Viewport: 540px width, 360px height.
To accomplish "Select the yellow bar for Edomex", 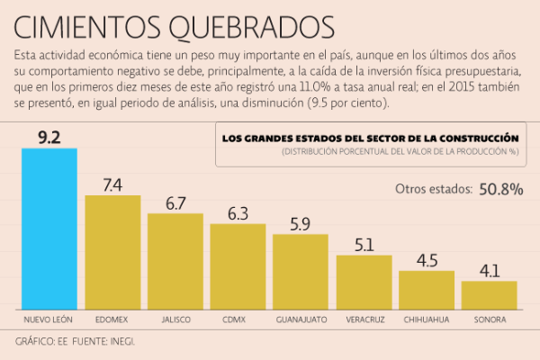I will click(x=112, y=251).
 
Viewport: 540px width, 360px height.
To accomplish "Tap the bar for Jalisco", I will click(x=175, y=260).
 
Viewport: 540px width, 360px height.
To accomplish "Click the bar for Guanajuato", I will click(x=301, y=270).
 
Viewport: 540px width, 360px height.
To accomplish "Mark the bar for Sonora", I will click(x=489, y=293).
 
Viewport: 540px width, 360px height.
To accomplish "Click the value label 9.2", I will click(x=49, y=136).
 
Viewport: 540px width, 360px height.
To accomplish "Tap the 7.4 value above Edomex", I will click(x=112, y=184).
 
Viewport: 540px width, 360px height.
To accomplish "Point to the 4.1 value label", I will click(x=489, y=270).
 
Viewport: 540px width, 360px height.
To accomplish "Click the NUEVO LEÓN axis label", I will click(x=49, y=319).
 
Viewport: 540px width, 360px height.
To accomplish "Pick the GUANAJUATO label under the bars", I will click(x=301, y=319).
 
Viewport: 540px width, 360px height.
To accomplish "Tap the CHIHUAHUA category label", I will click(x=427, y=319).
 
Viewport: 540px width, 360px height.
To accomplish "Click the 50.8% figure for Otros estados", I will click(x=500, y=189).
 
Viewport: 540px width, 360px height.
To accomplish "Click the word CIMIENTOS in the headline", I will click(x=90, y=23).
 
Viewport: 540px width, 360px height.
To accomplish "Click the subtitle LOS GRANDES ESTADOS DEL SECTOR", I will click(x=369, y=139).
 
